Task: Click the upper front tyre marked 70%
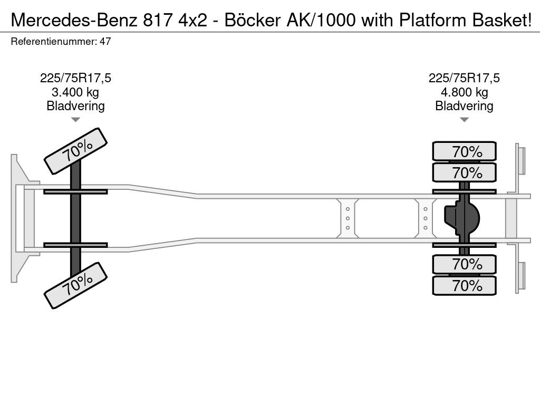[x=76, y=151]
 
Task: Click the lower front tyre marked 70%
[x=76, y=285]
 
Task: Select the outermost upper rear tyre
[x=464, y=151]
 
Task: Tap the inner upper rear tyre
[x=464, y=172]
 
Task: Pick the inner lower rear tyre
[x=464, y=265]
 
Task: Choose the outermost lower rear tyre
[x=464, y=285]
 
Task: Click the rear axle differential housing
[x=462, y=218]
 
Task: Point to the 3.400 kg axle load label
[x=75, y=92]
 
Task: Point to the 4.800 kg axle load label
[x=464, y=92]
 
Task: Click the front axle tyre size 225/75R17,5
[x=75, y=78]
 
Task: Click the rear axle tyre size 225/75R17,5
[x=464, y=78]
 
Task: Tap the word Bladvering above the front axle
[x=75, y=105]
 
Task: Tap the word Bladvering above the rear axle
[x=464, y=105]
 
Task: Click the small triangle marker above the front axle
[x=75, y=120]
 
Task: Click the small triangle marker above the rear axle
[x=464, y=120]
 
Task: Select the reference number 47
[x=105, y=41]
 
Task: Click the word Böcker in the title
[x=253, y=20]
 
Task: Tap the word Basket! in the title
[x=502, y=20]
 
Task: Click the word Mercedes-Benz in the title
[x=74, y=20]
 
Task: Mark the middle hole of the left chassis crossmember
[x=348, y=218]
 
